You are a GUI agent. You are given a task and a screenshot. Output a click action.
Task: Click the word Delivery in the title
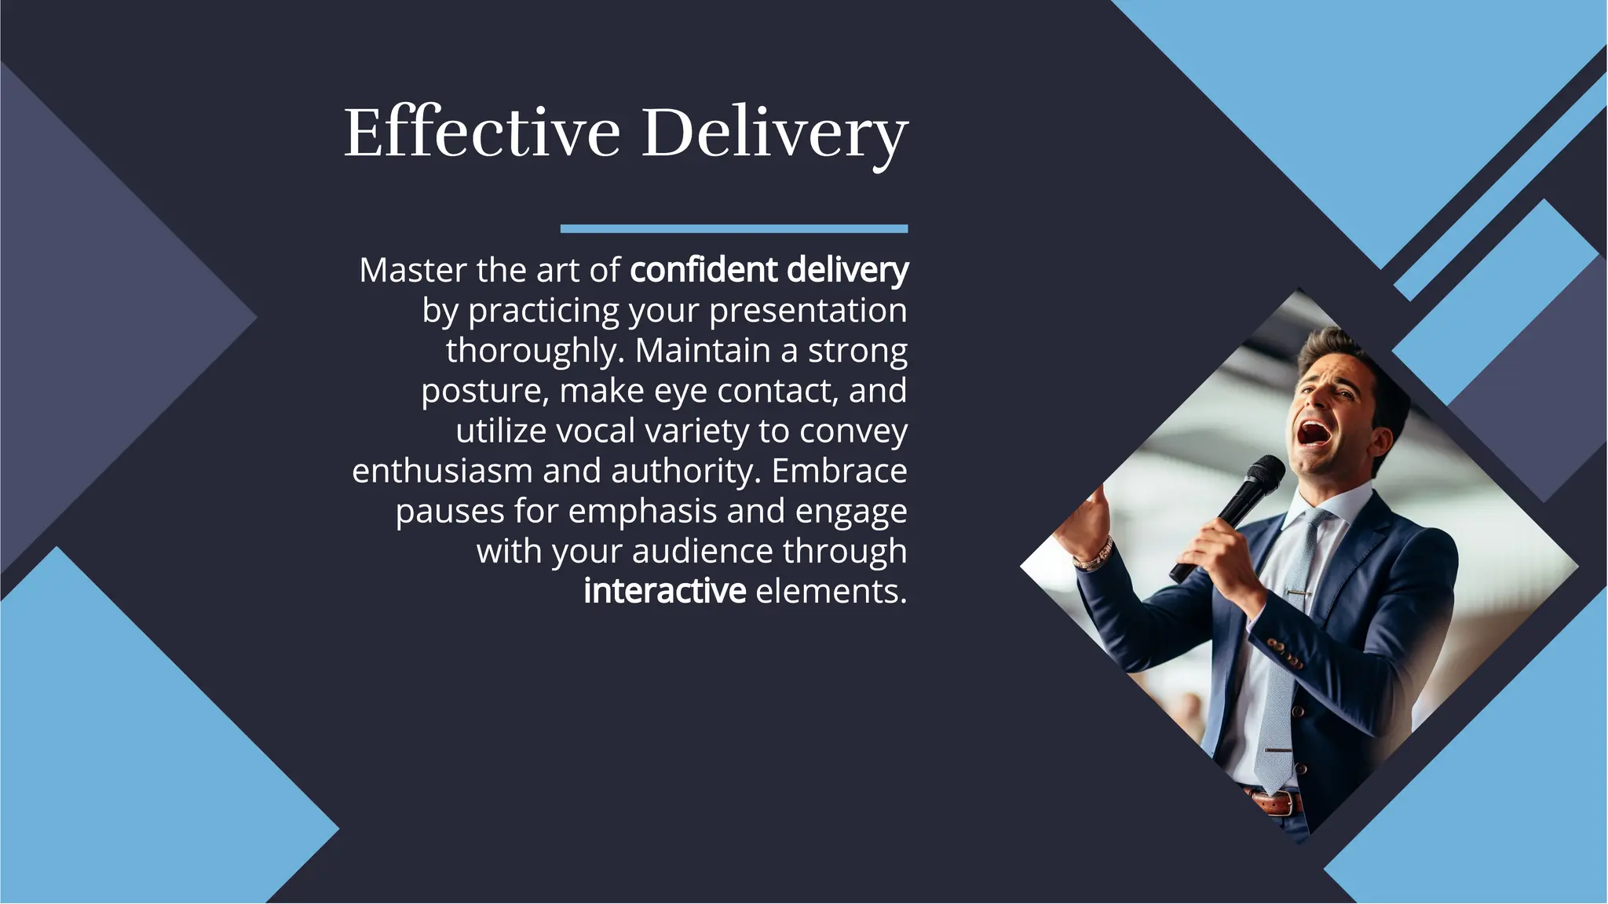(x=774, y=133)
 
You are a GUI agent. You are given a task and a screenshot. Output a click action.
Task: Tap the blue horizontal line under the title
(x=733, y=229)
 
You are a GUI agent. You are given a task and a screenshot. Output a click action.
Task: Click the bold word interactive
(x=664, y=591)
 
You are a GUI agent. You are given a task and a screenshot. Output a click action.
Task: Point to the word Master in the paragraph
(x=412, y=271)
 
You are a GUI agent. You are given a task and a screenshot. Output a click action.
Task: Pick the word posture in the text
(x=484, y=391)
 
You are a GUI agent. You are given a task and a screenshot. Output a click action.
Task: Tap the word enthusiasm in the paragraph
(x=442, y=471)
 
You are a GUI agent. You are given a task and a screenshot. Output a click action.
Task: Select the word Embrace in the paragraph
(x=839, y=471)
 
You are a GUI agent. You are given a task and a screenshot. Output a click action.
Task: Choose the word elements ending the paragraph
(x=830, y=591)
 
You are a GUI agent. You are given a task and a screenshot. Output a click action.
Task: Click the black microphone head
(x=1263, y=475)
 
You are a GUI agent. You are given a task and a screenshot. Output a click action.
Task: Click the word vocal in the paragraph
(x=594, y=431)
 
